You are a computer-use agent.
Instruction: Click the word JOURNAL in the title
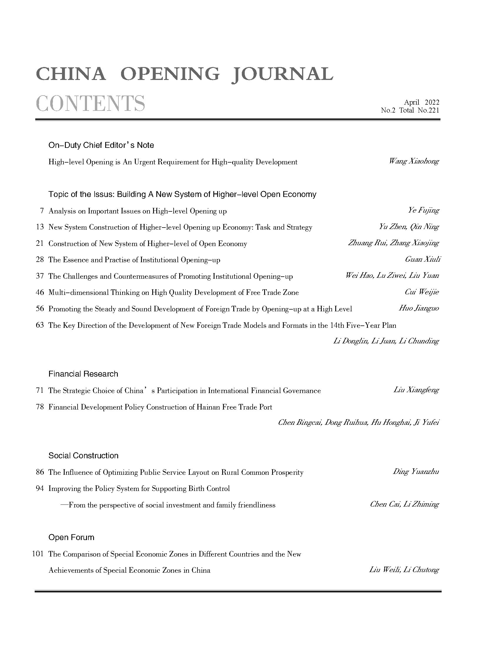pos(282,73)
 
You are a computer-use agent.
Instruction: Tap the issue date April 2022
pos(421,102)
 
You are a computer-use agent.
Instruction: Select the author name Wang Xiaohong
pos(414,161)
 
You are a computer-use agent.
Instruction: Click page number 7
pos(42,211)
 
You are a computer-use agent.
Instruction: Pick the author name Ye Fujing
pos(423,210)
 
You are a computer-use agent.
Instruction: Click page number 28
pos(40,260)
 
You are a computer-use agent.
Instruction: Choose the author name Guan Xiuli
pos(423,259)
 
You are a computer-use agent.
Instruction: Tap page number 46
pos(40,292)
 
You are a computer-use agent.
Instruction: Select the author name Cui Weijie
pos(422,292)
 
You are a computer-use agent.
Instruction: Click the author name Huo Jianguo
pos(419,308)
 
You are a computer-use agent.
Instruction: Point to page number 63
pos(40,325)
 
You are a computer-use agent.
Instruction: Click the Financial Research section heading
pos(83,374)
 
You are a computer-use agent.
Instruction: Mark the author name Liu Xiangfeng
pos(416,390)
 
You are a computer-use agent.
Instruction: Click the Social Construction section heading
pos(83,456)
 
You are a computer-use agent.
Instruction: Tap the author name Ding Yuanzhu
pos(416,472)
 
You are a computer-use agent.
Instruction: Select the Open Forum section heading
pos(71,537)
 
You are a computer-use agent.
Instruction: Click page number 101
pos(38,554)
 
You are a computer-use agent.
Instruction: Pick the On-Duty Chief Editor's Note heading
pos(101,145)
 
